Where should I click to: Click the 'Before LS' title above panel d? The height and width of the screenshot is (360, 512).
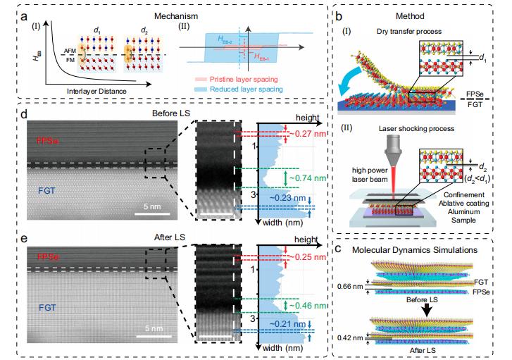tap(168, 113)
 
